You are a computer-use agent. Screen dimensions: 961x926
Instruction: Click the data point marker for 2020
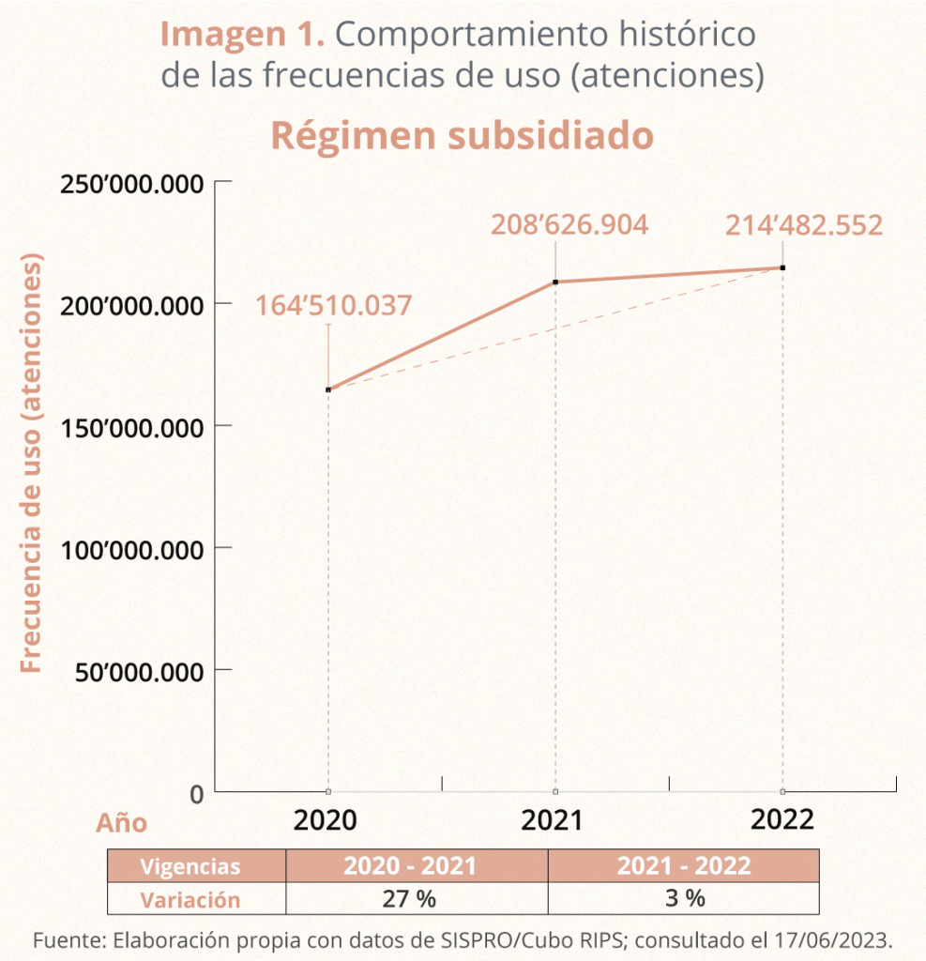[328, 389]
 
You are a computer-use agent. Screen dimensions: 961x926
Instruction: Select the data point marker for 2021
[555, 282]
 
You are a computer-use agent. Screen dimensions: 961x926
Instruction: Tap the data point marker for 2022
[782, 267]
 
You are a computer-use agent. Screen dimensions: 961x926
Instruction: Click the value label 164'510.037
[333, 306]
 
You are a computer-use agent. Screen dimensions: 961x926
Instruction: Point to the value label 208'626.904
[569, 226]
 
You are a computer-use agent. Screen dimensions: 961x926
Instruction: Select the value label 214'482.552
[804, 226]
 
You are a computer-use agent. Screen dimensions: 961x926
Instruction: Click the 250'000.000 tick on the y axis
[132, 183]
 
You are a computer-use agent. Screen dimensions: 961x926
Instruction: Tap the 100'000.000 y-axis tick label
[132, 549]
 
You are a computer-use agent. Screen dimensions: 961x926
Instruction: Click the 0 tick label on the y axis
[196, 795]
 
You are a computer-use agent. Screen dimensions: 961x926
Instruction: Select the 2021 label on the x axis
[553, 820]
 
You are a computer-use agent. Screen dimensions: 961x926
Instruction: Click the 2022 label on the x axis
[782, 819]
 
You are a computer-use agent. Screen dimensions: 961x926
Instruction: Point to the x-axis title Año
[122, 823]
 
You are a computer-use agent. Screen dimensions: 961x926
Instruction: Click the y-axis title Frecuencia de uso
[33, 462]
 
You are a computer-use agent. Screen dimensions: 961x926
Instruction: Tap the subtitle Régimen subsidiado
[462, 136]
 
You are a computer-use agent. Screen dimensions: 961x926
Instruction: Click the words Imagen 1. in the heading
[242, 36]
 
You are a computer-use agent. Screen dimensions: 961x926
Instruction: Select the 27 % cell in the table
[409, 899]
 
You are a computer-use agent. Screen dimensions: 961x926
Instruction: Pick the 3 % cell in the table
[684, 899]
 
